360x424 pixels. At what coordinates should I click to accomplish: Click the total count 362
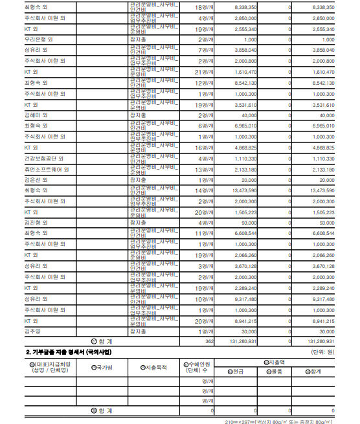(209, 340)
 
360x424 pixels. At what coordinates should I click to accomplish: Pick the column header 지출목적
(155, 367)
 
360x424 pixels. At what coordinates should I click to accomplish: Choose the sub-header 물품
(275, 372)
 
